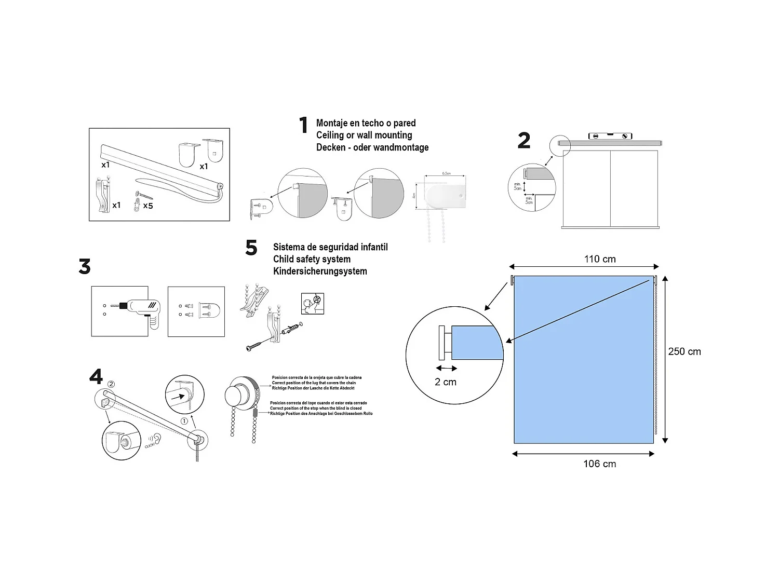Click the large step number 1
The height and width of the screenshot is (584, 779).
pos(303,126)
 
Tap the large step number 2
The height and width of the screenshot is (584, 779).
pos(523,141)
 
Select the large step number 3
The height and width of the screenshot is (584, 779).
pos(85,267)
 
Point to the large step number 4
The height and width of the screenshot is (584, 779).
pos(96,376)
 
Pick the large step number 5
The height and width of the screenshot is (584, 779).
pos(251,248)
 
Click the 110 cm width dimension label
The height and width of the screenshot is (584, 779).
pos(600,259)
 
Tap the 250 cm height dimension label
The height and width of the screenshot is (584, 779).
pos(684,351)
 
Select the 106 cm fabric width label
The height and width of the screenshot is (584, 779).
pos(599,464)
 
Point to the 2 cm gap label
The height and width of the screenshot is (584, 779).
pos(446,382)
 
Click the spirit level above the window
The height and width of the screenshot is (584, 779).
pos(610,136)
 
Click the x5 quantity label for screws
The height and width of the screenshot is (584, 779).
pos(148,206)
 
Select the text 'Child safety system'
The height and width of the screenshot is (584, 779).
pos(312,259)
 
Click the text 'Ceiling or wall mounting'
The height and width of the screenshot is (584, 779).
pos(364,135)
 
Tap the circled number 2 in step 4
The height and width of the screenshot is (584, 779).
pos(111,384)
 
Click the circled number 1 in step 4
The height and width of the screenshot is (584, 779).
pos(184,421)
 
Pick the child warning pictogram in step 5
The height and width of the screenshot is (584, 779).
pos(313,304)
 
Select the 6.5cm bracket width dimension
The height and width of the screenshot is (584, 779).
pos(446,173)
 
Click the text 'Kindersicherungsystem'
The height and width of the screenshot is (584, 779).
pos(320,271)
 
